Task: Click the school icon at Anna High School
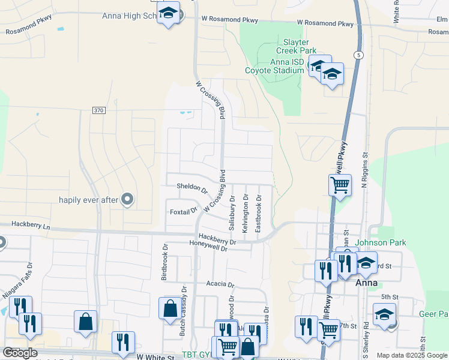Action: [x=169, y=13]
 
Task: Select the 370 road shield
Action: [x=99, y=110]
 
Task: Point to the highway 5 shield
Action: [x=358, y=55]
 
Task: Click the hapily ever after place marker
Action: [x=127, y=199]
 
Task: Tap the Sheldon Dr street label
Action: [x=191, y=188]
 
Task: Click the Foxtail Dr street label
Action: [x=183, y=211]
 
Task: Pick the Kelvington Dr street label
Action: [x=245, y=214]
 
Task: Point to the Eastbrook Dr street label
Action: [x=258, y=214]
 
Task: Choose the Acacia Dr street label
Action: [x=218, y=284]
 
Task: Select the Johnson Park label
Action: [x=381, y=243]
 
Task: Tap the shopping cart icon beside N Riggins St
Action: [x=340, y=185]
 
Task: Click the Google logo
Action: [x=20, y=353]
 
